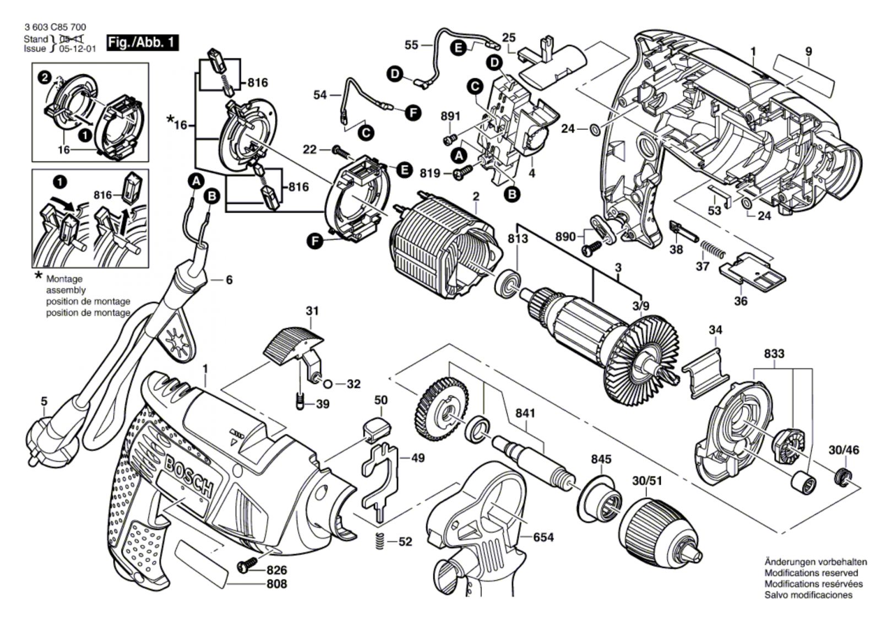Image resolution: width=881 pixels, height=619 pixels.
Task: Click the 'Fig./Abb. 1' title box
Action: (143, 42)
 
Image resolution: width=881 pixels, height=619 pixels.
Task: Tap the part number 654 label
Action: (543, 537)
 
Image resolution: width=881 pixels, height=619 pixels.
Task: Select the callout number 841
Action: (525, 413)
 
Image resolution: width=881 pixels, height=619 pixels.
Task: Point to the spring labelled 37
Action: (714, 246)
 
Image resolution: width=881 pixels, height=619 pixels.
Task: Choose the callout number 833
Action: (774, 353)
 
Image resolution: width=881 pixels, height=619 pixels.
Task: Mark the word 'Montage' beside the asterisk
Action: (64, 279)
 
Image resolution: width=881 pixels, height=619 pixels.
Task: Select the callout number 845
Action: (601, 459)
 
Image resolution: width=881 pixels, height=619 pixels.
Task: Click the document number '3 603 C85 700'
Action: (55, 27)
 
